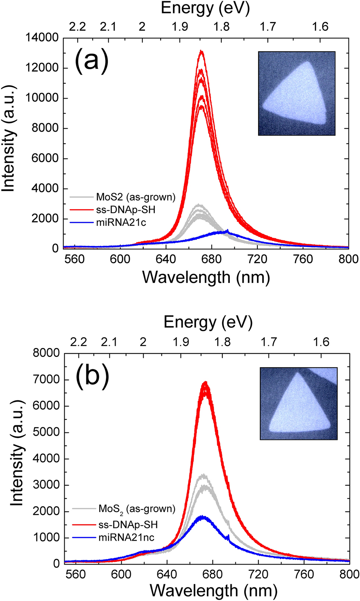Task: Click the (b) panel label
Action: (93, 376)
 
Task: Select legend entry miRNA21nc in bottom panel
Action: (126, 537)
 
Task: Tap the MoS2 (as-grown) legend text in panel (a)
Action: (135, 197)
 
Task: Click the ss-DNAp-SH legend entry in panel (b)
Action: (128, 525)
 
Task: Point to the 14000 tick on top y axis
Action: (42, 38)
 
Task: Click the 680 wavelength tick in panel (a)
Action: (212, 259)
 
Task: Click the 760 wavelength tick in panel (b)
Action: (304, 574)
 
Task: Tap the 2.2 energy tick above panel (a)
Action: (77, 27)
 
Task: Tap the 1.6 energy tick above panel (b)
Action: (321, 342)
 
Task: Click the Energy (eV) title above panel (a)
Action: (205, 8)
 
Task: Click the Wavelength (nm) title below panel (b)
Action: (213, 591)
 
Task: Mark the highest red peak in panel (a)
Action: (202, 51)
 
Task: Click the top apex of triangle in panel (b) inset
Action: (297, 373)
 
